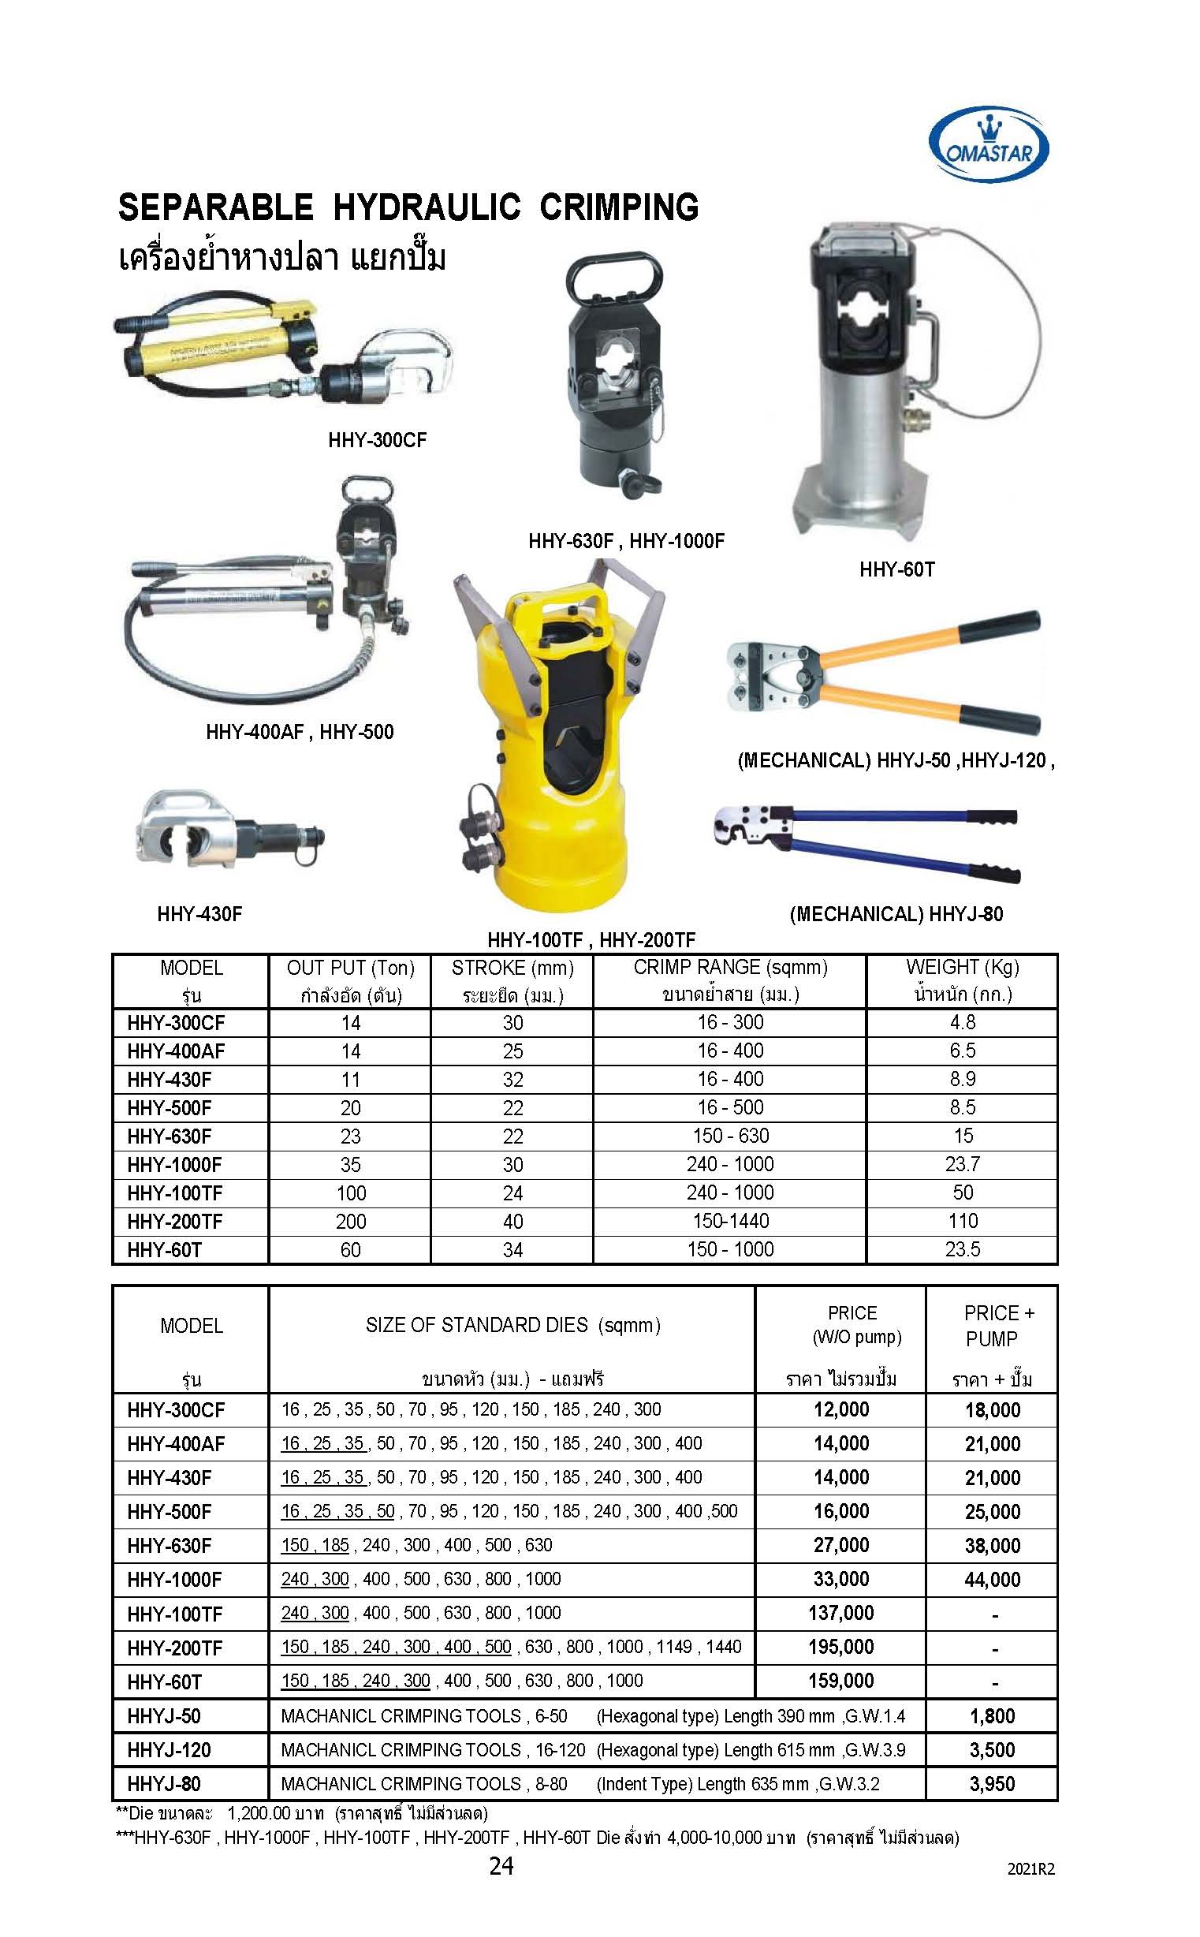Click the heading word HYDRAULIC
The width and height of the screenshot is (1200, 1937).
pyautogui.click(x=427, y=207)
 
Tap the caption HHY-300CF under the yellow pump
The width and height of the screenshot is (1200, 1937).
pyautogui.click(x=377, y=440)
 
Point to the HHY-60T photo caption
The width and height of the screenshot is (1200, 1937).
pyautogui.click(x=896, y=569)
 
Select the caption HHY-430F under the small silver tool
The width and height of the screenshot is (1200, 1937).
pyautogui.click(x=199, y=914)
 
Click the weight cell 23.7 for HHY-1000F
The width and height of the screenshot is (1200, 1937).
pyautogui.click(x=962, y=1164)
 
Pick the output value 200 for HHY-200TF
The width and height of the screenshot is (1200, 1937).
pyautogui.click(x=350, y=1221)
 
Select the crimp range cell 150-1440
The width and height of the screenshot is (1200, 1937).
pyautogui.click(x=730, y=1221)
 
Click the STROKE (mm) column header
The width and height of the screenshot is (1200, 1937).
pyautogui.click(x=512, y=968)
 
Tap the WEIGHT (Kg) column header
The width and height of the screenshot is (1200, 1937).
pyautogui.click(x=962, y=967)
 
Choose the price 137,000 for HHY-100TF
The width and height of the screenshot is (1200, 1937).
pyautogui.click(x=840, y=1612)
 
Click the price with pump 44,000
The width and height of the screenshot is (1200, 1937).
pyautogui.click(x=992, y=1579)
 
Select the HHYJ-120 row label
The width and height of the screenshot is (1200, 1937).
pyautogui.click(x=169, y=1749)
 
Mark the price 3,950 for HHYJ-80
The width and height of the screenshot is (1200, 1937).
pyautogui.click(x=992, y=1784)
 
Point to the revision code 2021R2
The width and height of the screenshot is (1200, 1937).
pyautogui.click(x=1030, y=1868)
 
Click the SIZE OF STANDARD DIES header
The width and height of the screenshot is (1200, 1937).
pyautogui.click(x=512, y=1325)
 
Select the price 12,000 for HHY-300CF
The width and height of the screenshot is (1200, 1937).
pyautogui.click(x=840, y=1409)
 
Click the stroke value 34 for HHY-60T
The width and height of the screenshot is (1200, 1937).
pyautogui.click(x=512, y=1249)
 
